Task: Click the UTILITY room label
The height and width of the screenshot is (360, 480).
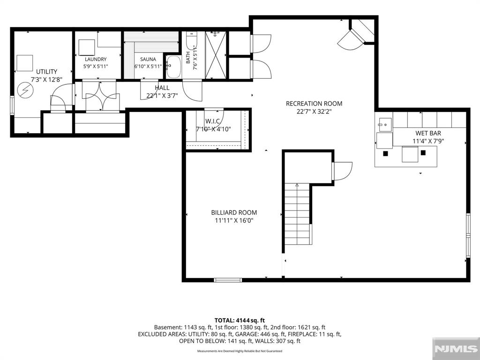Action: tap(46, 72)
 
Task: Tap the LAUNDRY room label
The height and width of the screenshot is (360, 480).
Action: tap(96, 60)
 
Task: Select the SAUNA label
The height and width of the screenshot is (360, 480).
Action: tap(148, 60)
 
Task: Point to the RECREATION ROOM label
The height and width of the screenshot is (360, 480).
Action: tap(314, 104)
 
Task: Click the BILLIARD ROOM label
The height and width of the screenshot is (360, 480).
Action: tap(234, 212)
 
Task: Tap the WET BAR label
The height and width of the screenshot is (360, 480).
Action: tap(428, 133)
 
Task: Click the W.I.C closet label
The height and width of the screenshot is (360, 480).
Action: tap(212, 121)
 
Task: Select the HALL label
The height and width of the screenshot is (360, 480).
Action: tap(162, 88)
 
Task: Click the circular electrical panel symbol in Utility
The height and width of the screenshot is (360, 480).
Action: tap(25, 90)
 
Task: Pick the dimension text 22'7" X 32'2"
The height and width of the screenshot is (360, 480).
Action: tap(314, 112)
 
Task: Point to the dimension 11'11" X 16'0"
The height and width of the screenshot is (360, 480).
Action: tap(234, 220)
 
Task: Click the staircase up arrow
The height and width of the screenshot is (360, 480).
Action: tap(297, 185)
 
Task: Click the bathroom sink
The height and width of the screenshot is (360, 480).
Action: tap(173, 67)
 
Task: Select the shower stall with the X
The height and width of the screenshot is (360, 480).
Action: tap(216, 55)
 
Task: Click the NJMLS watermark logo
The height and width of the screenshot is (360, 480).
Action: tap(456, 349)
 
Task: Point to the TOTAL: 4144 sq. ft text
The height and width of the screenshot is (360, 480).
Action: tap(240, 321)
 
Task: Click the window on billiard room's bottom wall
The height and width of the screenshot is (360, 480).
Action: tap(228, 280)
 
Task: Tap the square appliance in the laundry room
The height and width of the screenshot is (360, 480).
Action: tap(87, 47)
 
